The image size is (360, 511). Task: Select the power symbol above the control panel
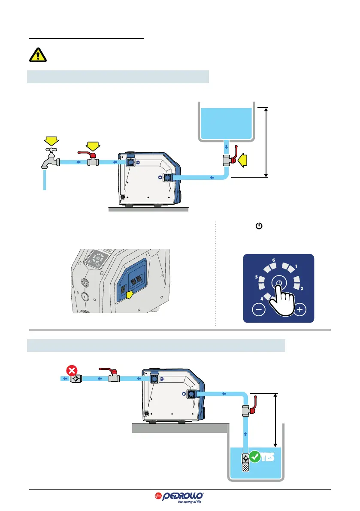click(x=259, y=226)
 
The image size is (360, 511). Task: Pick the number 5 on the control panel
click(x=256, y=277)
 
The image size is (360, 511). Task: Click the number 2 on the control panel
click(x=302, y=288)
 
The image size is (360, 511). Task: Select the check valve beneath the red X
click(x=75, y=379)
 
